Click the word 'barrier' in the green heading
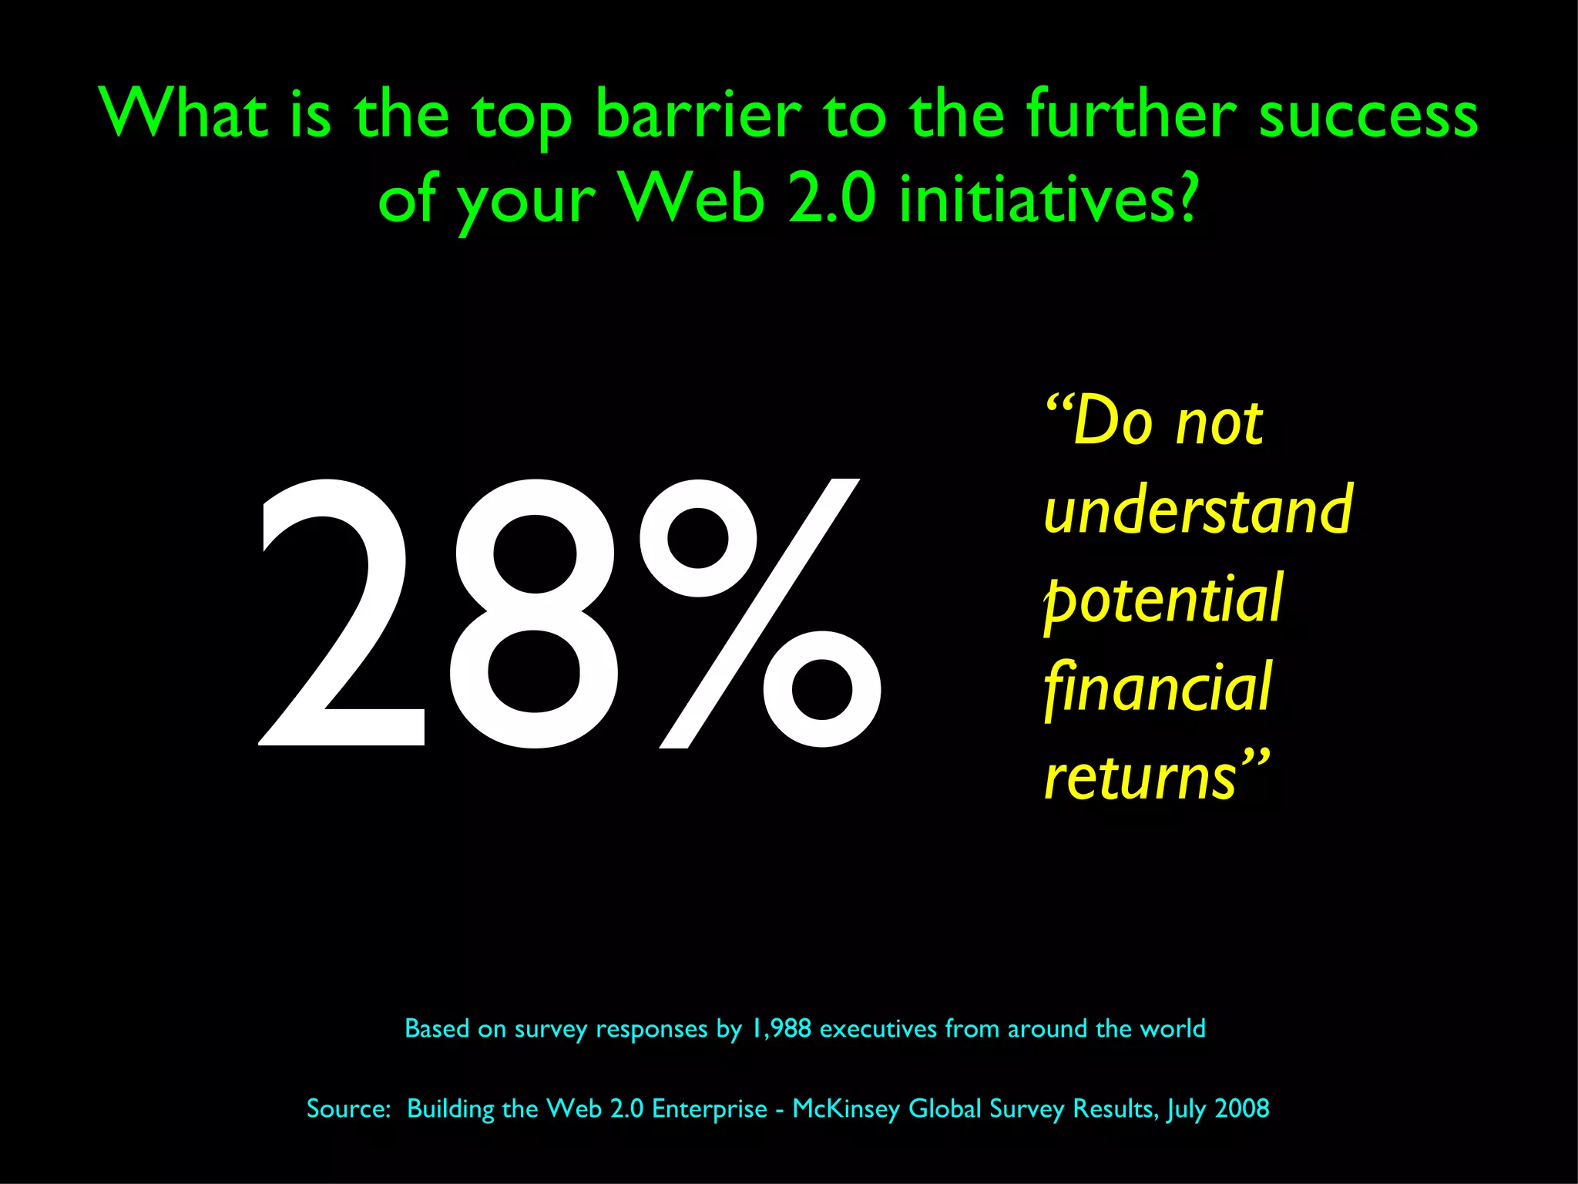698,116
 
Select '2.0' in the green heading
832,199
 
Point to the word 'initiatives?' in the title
1048,199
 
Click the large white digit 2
341,614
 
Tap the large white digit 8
535,614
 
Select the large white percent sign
760,614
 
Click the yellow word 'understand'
1197,510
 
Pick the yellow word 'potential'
1163,600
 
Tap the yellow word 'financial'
1157,688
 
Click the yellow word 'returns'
1140,777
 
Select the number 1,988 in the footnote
781,1028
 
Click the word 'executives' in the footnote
878,1028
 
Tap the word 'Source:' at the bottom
349,1108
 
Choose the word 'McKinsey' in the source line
846,1108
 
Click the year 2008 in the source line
1242,1108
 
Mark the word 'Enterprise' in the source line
710,1108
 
